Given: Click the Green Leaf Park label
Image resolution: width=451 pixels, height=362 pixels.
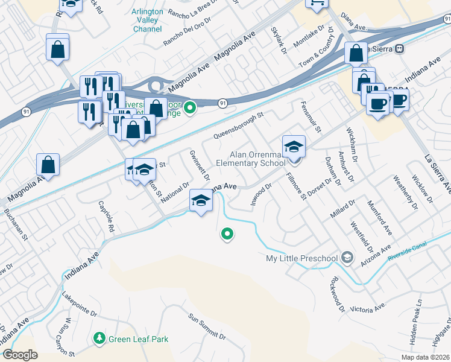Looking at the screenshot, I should coord(138,340).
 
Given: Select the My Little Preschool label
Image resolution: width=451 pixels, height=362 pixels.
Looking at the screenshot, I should coord(301,259).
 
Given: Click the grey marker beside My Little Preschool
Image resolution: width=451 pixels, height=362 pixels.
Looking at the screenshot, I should coord(347,258).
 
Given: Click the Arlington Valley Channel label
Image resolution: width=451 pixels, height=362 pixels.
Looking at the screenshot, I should coord(144,20).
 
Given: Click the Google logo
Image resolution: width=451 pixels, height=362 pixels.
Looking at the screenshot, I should coord(20,355).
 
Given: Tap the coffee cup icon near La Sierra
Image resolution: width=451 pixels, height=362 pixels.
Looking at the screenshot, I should coord(377,103).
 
